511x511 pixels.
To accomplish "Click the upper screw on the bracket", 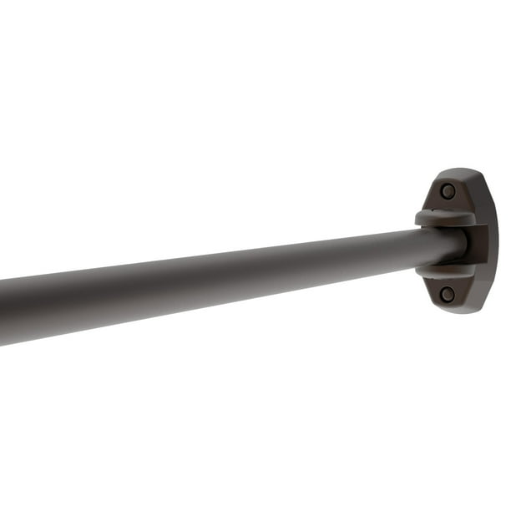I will (448, 191).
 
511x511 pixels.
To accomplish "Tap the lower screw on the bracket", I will (448, 294).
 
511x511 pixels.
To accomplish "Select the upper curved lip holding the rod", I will (446, 219).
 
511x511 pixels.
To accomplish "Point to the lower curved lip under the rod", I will (446, 271).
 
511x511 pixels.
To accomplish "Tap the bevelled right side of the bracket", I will (492, 242).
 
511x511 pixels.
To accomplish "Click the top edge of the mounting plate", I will (455, 171).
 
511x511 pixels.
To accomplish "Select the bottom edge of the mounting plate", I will (455, 312).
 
